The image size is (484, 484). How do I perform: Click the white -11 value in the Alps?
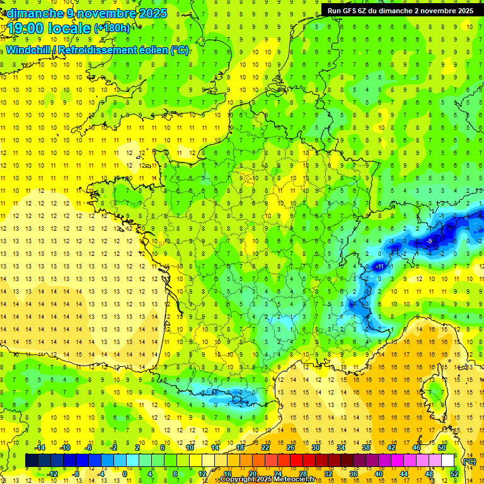[x=379, y=267]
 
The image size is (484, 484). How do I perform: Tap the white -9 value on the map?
[x=429, y=241]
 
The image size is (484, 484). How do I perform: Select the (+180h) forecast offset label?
[x=112, y=28]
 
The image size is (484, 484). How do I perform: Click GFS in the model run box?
[x=349, y=10]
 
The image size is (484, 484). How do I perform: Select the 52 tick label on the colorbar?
[x=454, y=473]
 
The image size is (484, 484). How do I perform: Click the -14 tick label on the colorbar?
[x=42, y=447]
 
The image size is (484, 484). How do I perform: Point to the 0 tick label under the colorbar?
[x=125, y=473]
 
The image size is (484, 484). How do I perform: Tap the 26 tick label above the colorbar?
[x=291, y=447]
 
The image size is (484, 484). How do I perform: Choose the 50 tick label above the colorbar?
[x=441, y=447]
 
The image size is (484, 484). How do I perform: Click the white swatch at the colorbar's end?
[x=447, y=461]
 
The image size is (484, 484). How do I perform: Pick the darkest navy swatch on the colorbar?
[x=32, y=461]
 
